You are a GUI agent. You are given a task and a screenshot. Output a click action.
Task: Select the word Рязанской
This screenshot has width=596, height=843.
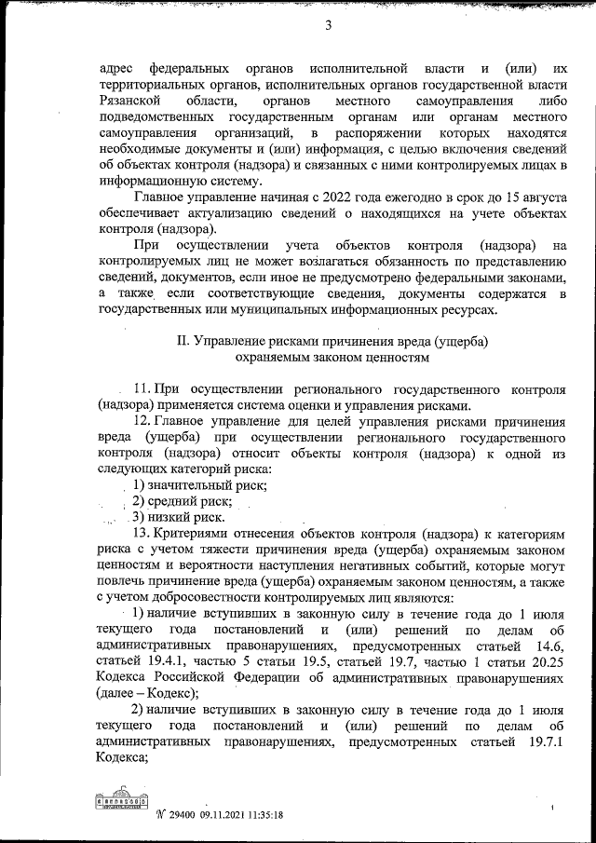pos(126,100)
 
